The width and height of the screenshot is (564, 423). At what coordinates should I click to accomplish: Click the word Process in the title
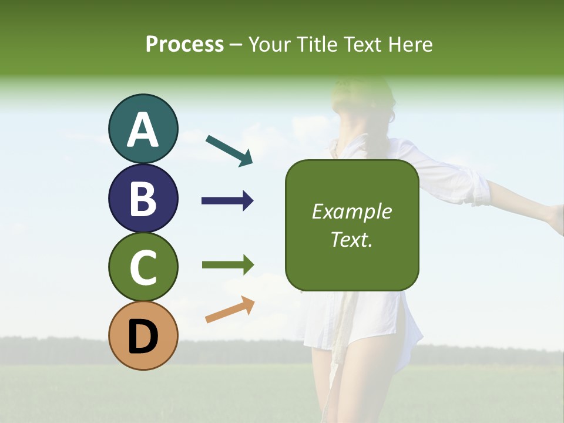[x=184, y=45]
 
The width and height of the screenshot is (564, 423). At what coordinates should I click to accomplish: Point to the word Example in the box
[x=351, y=211]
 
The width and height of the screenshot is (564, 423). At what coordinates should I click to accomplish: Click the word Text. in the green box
[x=351, y=239]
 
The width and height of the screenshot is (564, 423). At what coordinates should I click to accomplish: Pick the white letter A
[x=143, y=130]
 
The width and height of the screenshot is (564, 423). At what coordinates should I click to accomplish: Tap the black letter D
[x=143, y=337]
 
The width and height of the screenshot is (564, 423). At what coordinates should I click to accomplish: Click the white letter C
[x=143, y=267]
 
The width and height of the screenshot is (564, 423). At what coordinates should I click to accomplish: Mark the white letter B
[x=143, y=199]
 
